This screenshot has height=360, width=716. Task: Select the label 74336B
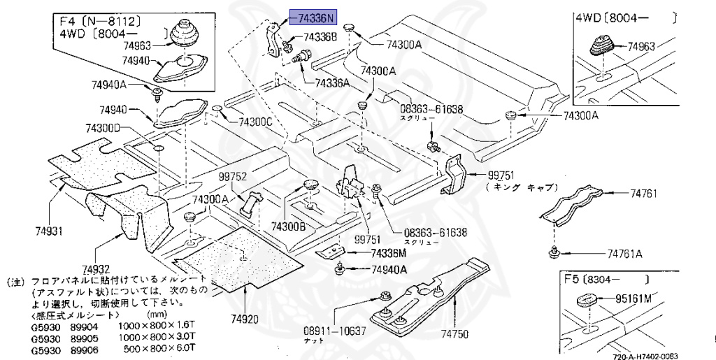pos(320,36)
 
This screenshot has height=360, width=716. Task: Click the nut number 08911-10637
pos(334,330)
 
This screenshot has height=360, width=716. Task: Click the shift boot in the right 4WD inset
pos(603,47)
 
